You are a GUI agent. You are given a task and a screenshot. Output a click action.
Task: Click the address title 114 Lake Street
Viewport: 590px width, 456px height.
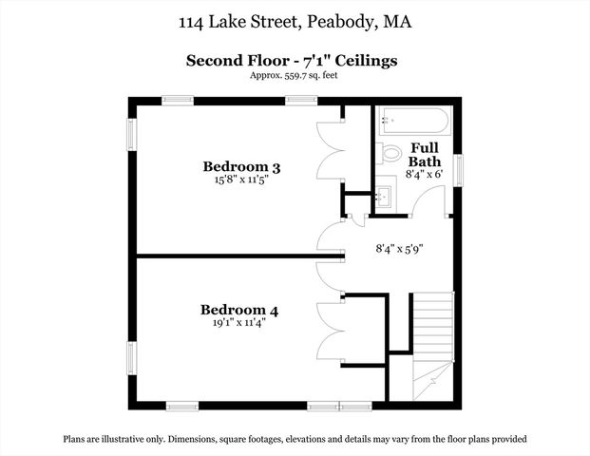pos(295,21)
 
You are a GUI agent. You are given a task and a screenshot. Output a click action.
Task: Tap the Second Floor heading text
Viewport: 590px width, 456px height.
pos(291,61)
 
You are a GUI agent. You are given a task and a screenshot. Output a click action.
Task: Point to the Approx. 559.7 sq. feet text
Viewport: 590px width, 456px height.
pos(293,75)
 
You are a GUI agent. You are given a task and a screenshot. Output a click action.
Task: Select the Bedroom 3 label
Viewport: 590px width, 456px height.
pos(241,167)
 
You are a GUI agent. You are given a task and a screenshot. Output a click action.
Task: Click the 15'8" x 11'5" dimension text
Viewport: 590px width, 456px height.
pos(241,181)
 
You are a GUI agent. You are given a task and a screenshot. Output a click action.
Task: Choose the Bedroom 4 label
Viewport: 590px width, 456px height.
pos(238,310)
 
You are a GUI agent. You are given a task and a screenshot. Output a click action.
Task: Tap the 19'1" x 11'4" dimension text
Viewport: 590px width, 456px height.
pos(238,323)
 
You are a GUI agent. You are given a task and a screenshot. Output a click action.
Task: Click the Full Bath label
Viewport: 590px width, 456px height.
pos(425,155)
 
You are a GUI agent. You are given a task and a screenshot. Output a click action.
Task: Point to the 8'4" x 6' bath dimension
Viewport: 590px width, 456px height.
pos(425,174)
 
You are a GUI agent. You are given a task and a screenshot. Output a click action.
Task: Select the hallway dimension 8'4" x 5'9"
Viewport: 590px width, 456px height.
pos(399,249)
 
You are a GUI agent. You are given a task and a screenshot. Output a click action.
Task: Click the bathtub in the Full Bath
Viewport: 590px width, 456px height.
pos(413,121)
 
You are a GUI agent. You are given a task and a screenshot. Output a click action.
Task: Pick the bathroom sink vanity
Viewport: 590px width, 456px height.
pos(386,196)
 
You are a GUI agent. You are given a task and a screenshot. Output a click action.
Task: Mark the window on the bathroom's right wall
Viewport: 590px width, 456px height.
pos(460,170)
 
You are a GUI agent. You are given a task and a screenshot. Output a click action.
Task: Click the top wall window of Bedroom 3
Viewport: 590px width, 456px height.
pos(178,100)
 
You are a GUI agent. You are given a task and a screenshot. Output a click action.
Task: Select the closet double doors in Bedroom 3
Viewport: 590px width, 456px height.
pos(329,152)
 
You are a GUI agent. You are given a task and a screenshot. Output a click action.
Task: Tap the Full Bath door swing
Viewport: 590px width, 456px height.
pos(429,201)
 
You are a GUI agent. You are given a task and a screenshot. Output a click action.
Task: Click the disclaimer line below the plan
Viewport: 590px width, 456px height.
pos(295,439)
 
